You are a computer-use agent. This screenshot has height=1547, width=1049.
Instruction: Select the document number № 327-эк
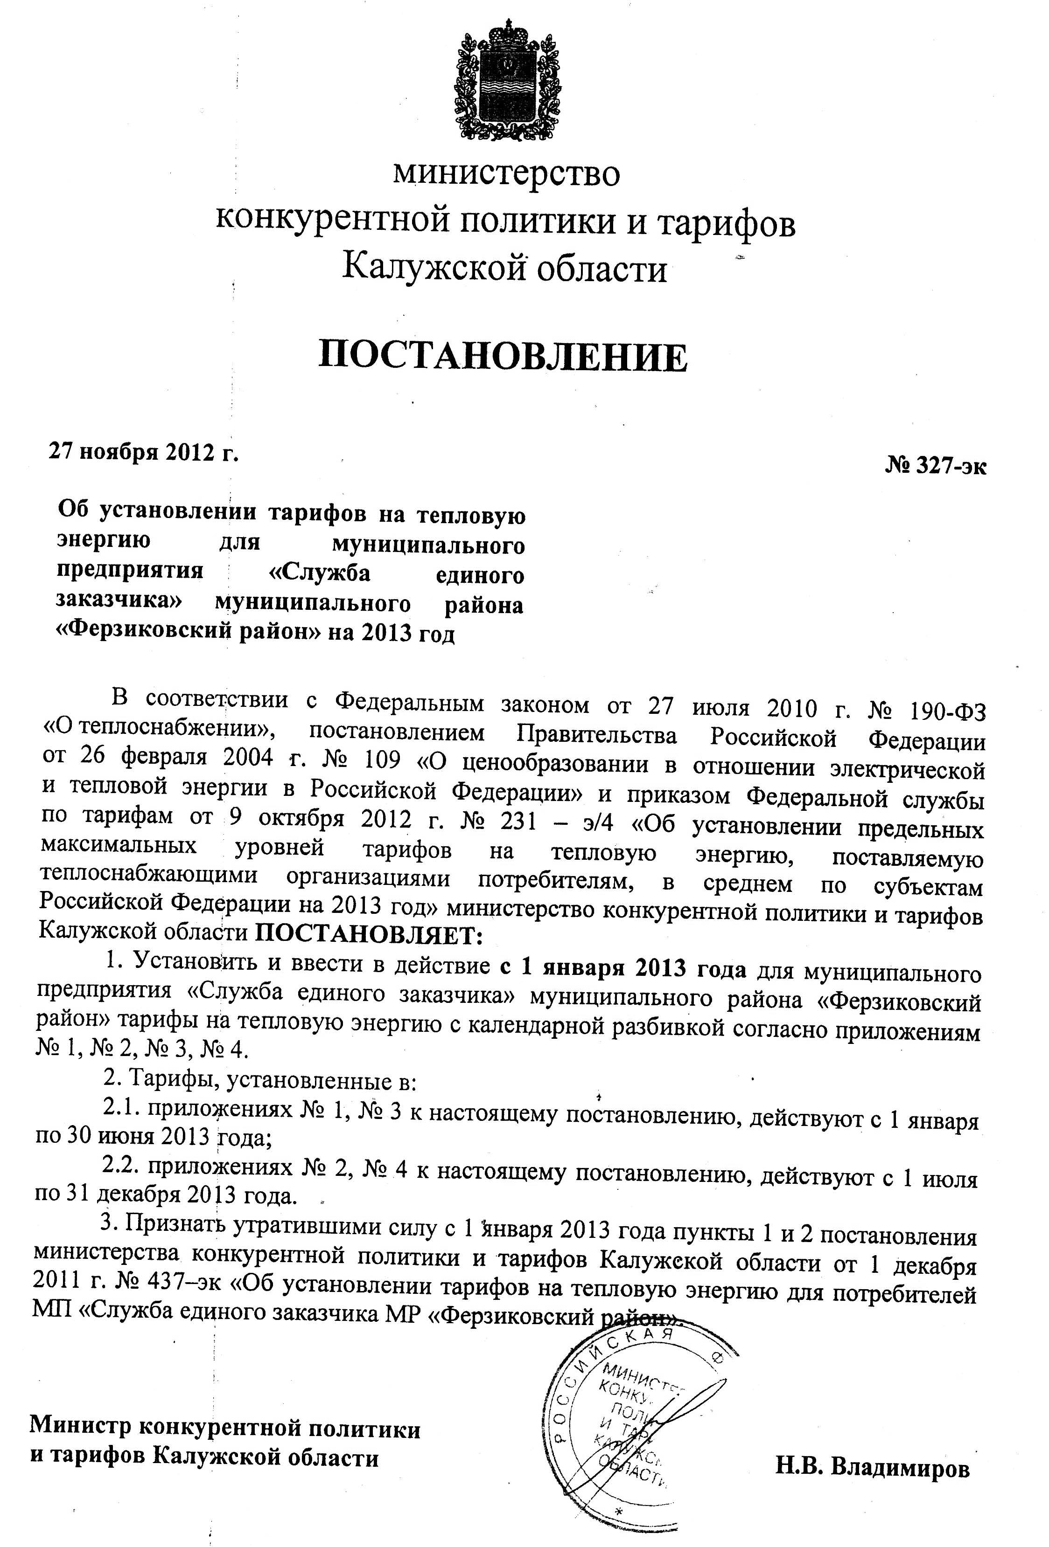tap(935, 466)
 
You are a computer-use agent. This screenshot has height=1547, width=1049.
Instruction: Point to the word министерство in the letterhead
tap(506, 173)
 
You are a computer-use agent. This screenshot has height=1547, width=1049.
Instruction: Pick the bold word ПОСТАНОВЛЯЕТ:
tap(368, 935)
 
